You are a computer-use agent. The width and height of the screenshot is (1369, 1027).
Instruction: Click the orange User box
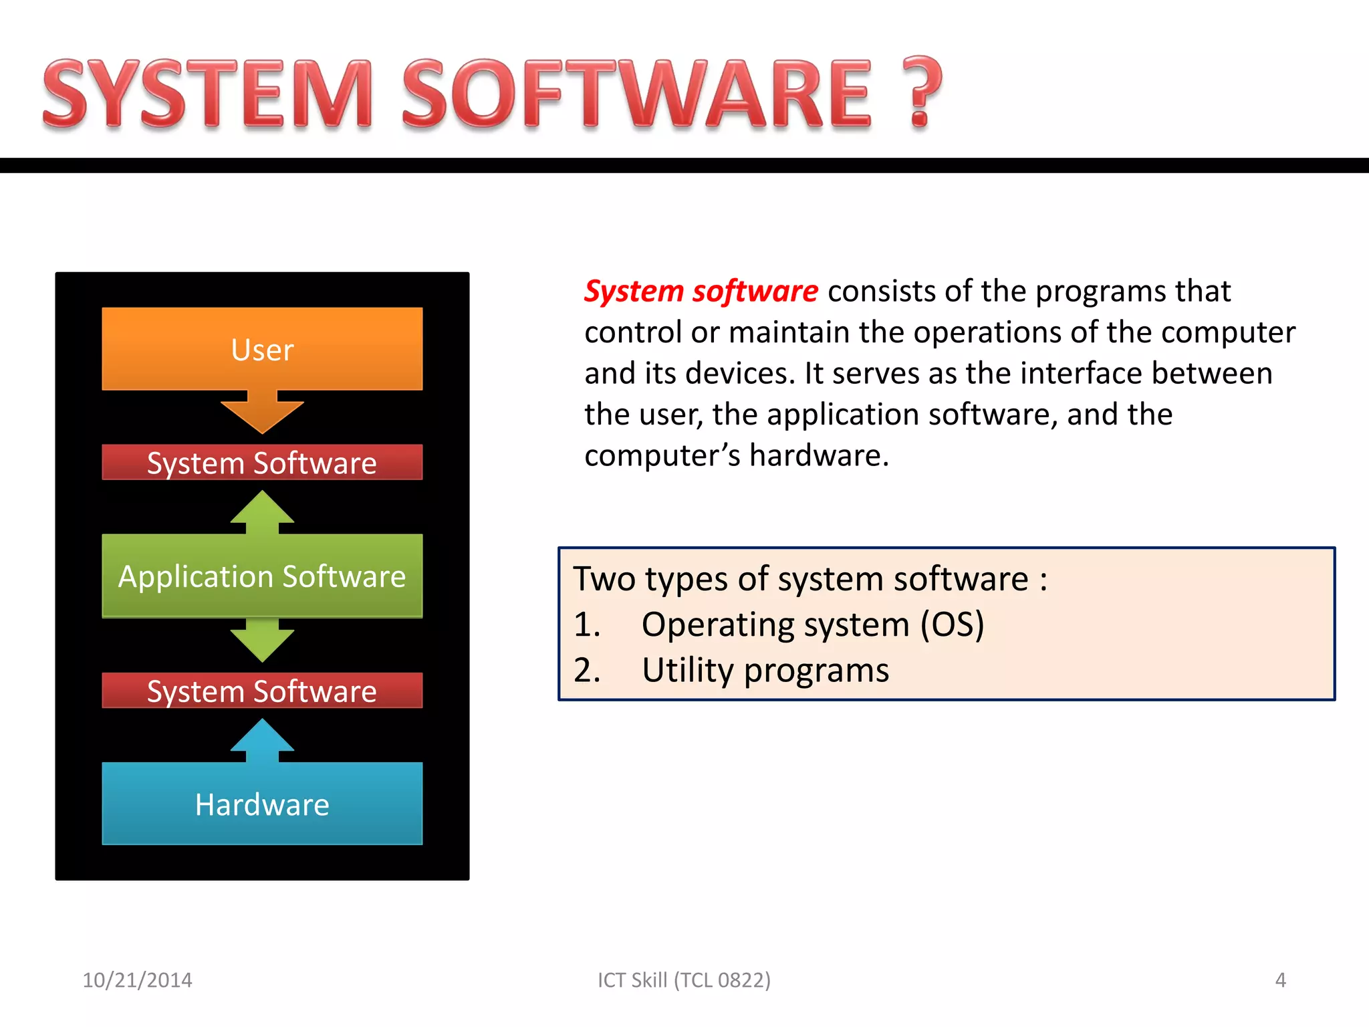tap(262, 349)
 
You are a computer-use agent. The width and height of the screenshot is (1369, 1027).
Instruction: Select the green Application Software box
tap(262, 576)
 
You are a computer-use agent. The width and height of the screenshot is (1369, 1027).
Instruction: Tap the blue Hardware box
tap(262, 804)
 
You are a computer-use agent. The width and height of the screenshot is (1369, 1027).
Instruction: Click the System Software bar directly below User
tap(262, 463)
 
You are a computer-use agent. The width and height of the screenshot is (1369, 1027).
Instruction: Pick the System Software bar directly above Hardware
tap(262, 691)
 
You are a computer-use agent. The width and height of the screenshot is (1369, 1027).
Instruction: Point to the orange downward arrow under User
tap(262, 412)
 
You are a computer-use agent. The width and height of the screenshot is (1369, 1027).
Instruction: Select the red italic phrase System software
tap(701, 292)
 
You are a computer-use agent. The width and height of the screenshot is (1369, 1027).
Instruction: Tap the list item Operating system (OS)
tap(812, 624)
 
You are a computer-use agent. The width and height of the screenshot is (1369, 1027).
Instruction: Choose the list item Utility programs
tap(765, 670)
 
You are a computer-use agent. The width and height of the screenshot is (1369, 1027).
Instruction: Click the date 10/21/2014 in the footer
tap(137, 980)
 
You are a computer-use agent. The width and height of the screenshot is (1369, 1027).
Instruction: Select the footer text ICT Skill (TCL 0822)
tap(684, 980)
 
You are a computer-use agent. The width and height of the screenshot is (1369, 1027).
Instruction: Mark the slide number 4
tap(1280, 980)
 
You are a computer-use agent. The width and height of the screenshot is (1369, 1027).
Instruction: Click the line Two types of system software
tap(809, 579)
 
